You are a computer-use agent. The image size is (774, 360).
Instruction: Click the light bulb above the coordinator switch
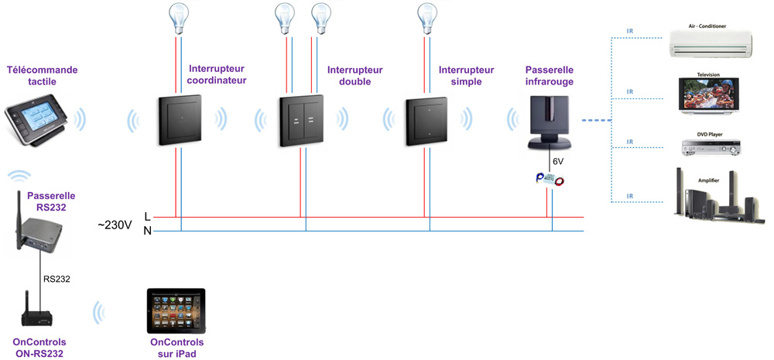(180, 17)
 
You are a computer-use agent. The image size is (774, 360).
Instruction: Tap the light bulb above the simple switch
(426, 17)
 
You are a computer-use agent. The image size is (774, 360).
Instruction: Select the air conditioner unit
(711, 44)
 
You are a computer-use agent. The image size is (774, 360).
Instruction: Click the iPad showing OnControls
(176, 311)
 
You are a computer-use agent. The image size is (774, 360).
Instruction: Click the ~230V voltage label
(115, 225)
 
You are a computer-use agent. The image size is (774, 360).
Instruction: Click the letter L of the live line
(148, 217)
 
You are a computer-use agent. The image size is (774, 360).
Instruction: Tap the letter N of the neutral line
(148, 231)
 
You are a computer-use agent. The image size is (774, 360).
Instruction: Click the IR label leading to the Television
(630, 91)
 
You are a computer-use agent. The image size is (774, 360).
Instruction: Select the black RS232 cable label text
(57, 279)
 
